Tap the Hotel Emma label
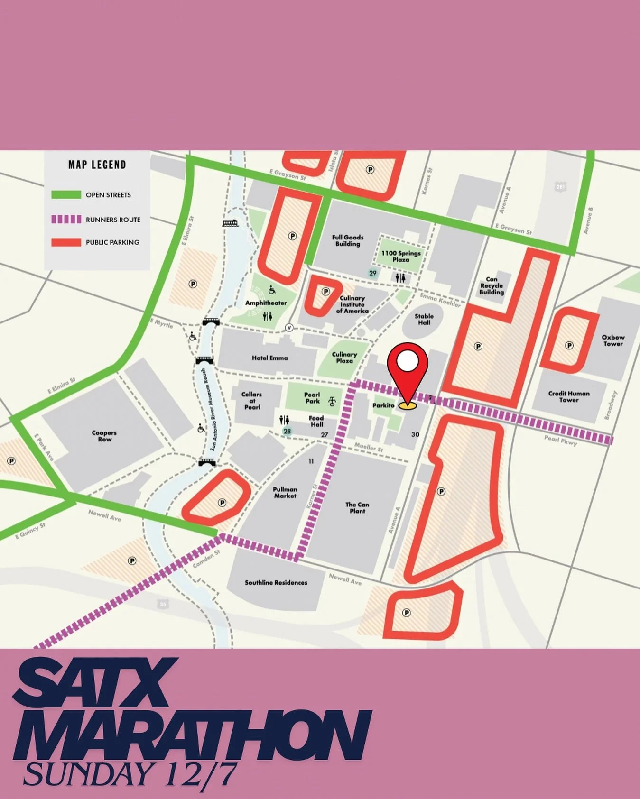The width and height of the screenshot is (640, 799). tap(269, 358)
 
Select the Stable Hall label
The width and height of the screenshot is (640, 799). tap(424, 319)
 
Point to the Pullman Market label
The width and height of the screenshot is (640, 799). tap(285, 492)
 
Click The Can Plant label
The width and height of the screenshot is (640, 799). tap(357, 507)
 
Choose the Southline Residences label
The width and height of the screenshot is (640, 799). tap(276, 582)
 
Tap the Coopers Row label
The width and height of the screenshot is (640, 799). tap(104, 436)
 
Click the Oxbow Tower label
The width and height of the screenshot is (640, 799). tap(613, 340)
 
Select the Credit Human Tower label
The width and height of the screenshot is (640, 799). tap(568, 396)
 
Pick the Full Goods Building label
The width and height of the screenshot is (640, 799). tap(347, 240)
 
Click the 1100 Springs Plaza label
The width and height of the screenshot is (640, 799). tap(400, 256)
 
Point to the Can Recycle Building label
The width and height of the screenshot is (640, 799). tap(491, 285)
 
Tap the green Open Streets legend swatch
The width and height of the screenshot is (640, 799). tap(66, 195)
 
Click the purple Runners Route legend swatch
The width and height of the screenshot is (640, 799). tap(66, 220)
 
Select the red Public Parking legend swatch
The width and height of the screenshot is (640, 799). tap(66, 242)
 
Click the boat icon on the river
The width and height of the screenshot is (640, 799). tap(230, 223)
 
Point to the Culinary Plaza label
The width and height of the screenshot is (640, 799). tap(344, 358)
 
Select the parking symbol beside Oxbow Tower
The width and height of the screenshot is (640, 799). tap(569, 346)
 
